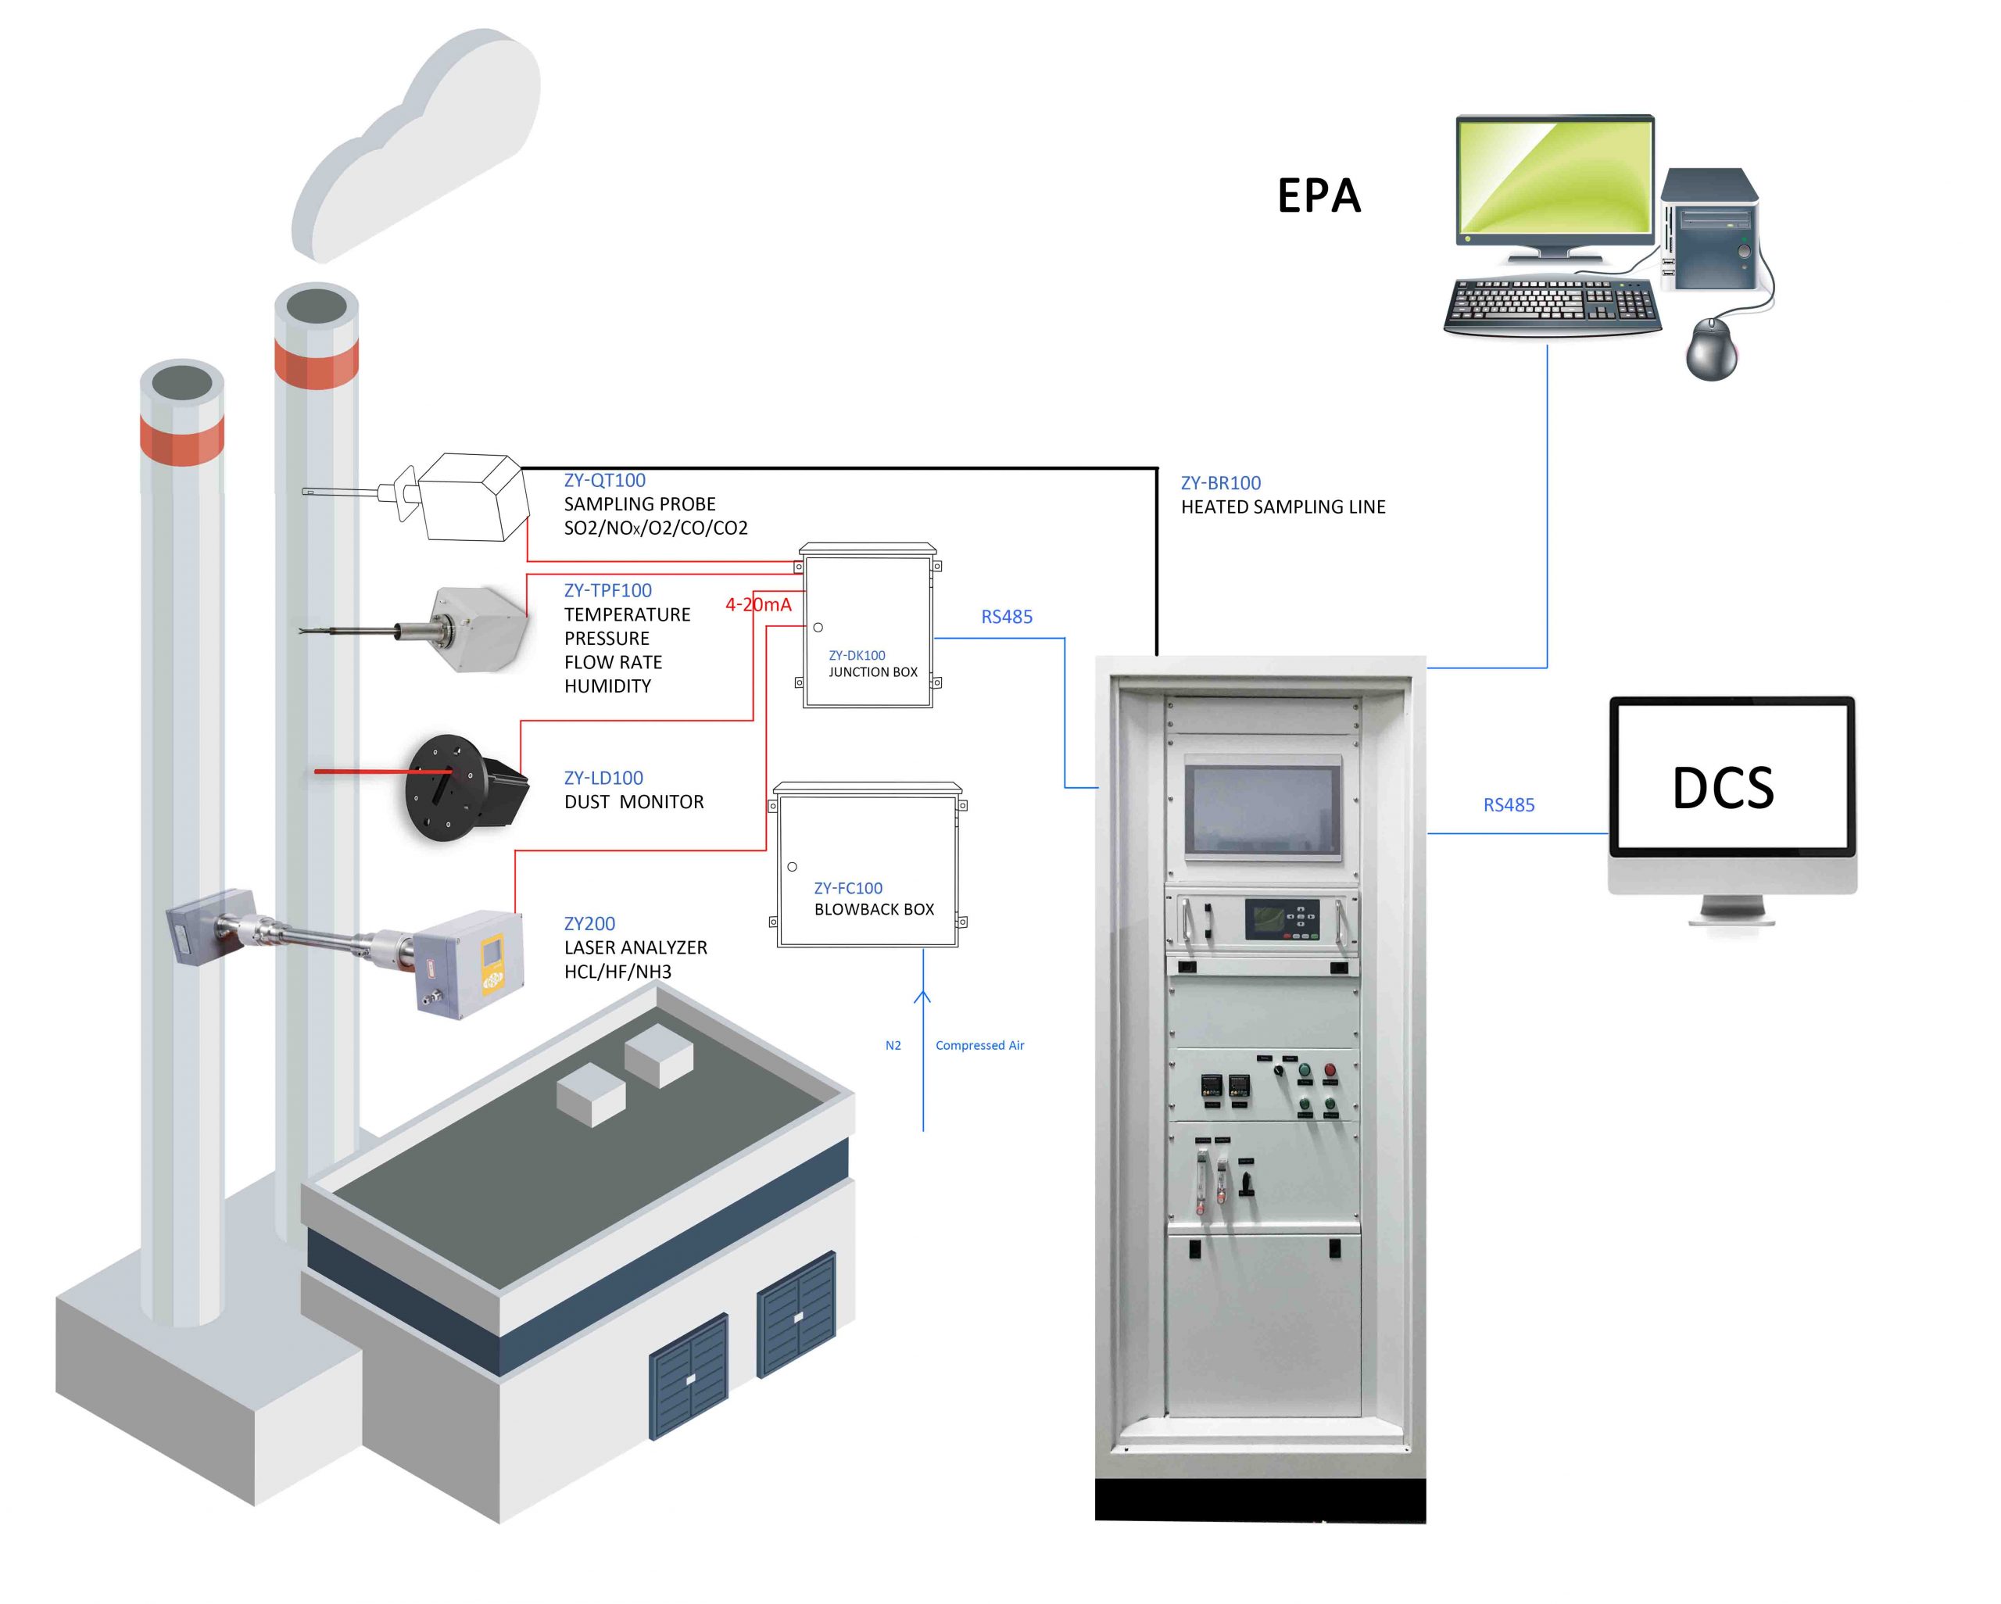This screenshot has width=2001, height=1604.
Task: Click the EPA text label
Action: tap(1318, 197)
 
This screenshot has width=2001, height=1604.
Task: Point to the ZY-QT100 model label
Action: tap(604, 480)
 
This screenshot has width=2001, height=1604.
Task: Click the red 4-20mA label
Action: tap(758, 604)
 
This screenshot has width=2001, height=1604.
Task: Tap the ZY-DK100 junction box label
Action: tap(857, 655)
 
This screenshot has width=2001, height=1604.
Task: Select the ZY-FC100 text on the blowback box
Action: tap(847, 888)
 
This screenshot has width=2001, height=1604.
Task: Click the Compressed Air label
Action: tap(979, 1045)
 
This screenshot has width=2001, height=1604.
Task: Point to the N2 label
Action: tap(893, 1045)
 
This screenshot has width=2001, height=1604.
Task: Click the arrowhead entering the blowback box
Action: tap(922, 997)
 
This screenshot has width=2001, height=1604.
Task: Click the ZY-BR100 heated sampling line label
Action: tap(1220, 483)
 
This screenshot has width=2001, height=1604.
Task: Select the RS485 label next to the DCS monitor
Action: tap(1508, 805)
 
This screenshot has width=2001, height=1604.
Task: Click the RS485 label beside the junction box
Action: tap(1006, 616)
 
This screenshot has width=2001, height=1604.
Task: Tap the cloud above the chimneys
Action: tap(417, 149)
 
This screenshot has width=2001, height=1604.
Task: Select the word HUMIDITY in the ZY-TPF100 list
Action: tap(607, 686)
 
